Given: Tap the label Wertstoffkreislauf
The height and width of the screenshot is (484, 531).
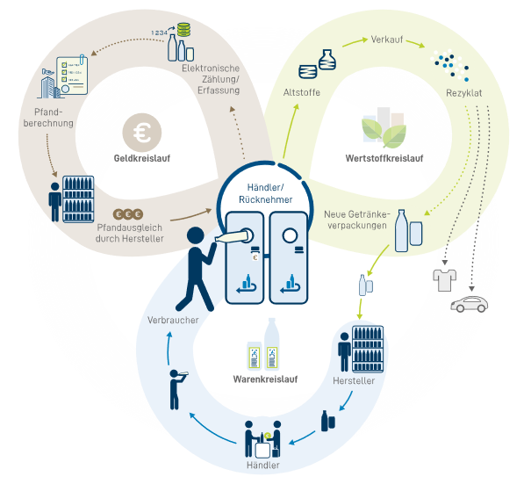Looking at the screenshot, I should [385, 159].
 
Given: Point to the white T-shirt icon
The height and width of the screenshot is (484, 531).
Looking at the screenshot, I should [443, 280].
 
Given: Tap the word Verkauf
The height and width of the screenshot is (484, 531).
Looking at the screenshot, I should [387, 40].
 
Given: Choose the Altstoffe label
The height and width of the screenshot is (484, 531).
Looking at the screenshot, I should [301, 92].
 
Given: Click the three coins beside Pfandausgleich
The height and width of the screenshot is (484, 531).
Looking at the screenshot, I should [129, 213].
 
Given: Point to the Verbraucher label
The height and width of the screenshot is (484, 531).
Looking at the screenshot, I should [173, 320].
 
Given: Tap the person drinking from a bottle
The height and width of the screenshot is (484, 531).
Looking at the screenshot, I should [176, 386].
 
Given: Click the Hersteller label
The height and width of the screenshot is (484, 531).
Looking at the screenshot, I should [354, 381].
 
